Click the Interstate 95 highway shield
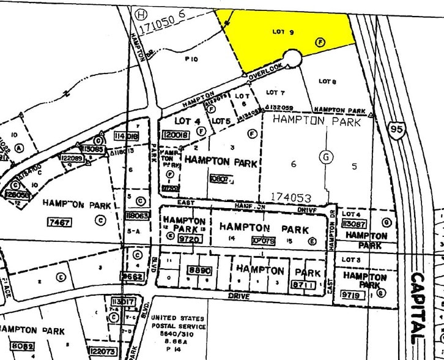(396, 130)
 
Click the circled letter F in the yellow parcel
(319, 42)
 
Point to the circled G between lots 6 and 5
(327, 157)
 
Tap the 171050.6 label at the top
(161, 24)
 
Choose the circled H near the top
(141, 13)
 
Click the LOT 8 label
(328, 81)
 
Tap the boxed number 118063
(136, 216)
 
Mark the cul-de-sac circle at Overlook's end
(291, 59)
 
